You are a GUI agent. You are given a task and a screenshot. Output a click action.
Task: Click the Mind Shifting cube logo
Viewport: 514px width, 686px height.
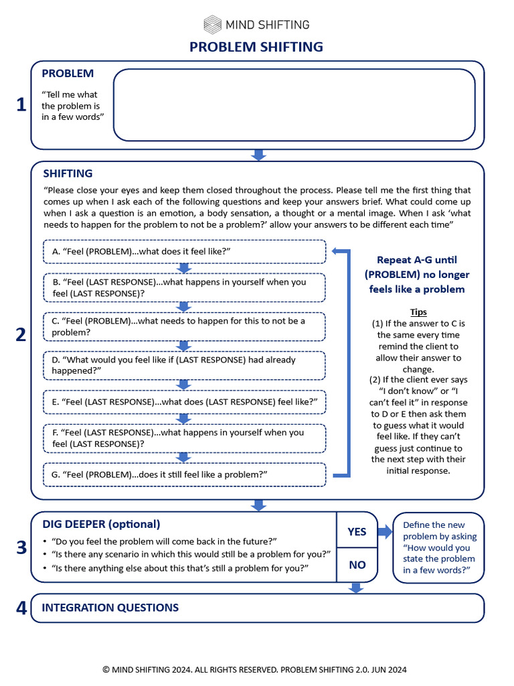click(x=213, y=25)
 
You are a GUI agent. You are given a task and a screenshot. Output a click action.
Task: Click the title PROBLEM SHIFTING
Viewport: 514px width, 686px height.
click(x=256, y=47)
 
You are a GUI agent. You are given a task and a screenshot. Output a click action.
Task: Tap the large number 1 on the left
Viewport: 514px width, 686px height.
click(x=21, y=105)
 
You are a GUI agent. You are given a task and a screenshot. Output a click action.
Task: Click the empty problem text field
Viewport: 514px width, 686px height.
click(x=294, y=105)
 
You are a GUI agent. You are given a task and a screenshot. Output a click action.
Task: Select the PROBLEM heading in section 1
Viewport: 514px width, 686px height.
click(x=68, y=74)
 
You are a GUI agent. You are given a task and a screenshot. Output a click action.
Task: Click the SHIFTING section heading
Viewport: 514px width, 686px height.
click(x=68, y=174)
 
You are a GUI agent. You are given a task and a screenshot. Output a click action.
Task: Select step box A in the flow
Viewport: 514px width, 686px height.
click(x=184, y=252)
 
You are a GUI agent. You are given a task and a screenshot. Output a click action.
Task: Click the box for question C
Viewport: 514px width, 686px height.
click(x=184, y=326)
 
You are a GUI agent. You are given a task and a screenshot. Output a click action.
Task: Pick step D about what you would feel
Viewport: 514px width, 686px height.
click(x=184, y=365)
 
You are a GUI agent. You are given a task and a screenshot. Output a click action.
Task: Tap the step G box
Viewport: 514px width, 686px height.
click(x=184, y=474)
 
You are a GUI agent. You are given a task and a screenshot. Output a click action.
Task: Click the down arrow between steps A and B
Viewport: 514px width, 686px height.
click(x=184, y=268)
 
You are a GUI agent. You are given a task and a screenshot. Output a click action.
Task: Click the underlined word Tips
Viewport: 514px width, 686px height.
click(x=418, y=312)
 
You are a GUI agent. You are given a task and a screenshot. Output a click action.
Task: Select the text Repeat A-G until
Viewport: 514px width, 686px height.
click(x=417, y=260)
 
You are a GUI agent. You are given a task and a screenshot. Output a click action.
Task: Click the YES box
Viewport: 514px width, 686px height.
click(x=357, y=531)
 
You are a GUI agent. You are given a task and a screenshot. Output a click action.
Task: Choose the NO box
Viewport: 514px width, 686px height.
click(x=357, y=565)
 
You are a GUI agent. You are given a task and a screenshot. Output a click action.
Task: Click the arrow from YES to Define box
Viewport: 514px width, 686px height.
click(x=385, y=532)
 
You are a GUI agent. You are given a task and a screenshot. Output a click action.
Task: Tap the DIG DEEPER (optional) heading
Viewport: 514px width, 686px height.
click(x=101, y=524)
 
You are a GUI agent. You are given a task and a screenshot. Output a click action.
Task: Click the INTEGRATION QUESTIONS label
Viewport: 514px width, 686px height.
click(x=110, y=608)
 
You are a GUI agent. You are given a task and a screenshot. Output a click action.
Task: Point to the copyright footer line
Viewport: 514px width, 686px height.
click(x=254, y=669)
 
